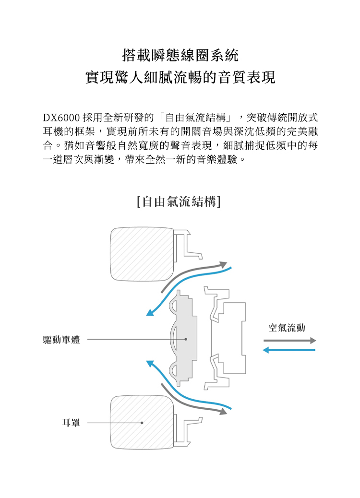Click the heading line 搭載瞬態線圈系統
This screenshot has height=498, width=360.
[180, 56]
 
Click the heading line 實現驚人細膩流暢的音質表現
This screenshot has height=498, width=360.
[180, 78]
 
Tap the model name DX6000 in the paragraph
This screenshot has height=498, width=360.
[60, 118]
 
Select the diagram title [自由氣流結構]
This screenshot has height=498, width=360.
[179, 201]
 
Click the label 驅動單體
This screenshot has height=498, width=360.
[61, 340]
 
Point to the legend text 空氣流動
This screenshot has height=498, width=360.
[287, 328]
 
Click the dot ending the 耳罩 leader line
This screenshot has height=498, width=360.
[142, 423]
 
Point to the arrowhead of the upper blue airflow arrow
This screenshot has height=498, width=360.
[150, 313]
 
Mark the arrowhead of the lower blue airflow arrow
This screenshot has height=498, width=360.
[150, 364]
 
